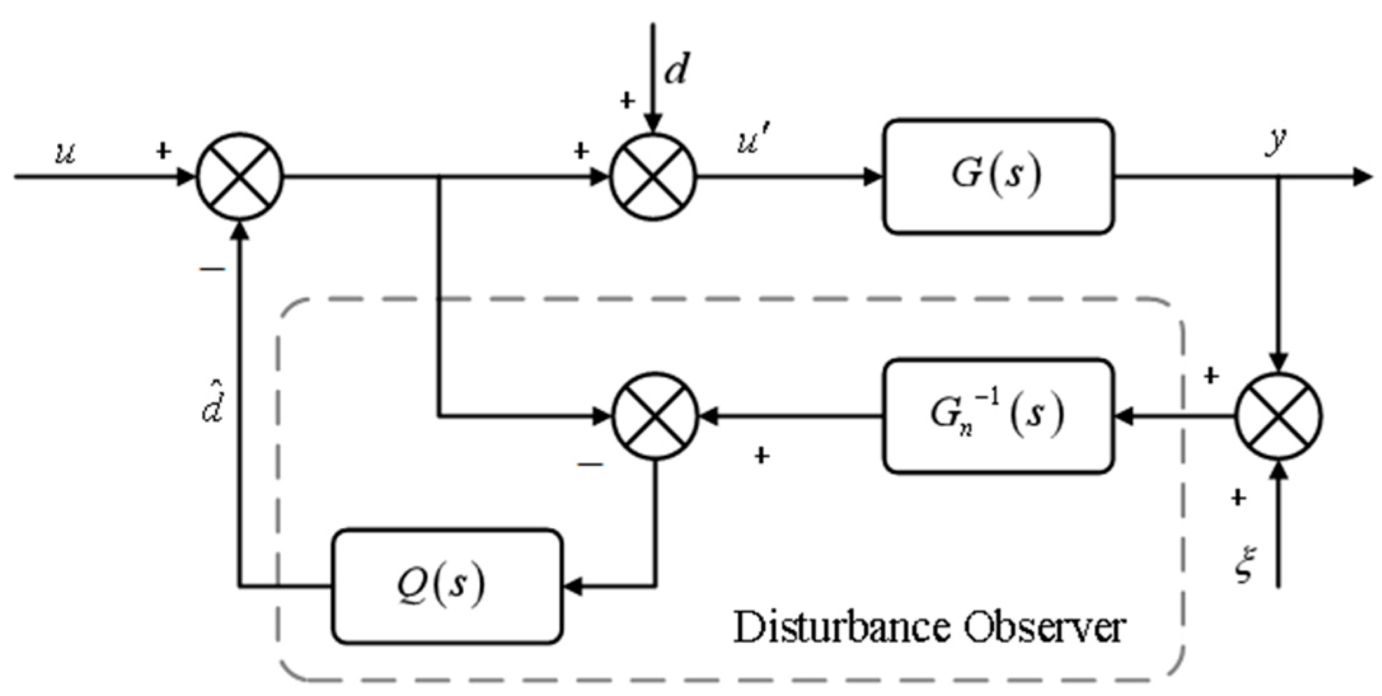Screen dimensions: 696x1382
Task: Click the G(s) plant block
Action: [998, 176]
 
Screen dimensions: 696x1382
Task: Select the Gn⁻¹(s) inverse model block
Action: [998, 416]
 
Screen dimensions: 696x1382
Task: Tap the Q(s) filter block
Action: [447, 585]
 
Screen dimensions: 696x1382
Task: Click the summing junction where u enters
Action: [240, 177]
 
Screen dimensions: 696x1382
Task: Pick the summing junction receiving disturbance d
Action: [654, 177]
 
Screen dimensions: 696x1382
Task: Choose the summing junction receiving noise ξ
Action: [1278, 417]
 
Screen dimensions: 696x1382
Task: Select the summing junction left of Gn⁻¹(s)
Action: [655, 417]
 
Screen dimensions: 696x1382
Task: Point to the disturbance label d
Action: [675, 70]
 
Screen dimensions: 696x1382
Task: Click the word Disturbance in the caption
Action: [841, 627]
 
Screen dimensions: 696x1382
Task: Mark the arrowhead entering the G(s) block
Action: [875, 177]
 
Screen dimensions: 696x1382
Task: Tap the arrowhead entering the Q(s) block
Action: [572, 586]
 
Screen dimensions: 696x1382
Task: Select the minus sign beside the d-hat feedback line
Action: [213, 270]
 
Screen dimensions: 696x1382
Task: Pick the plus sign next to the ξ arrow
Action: [1237, 498]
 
